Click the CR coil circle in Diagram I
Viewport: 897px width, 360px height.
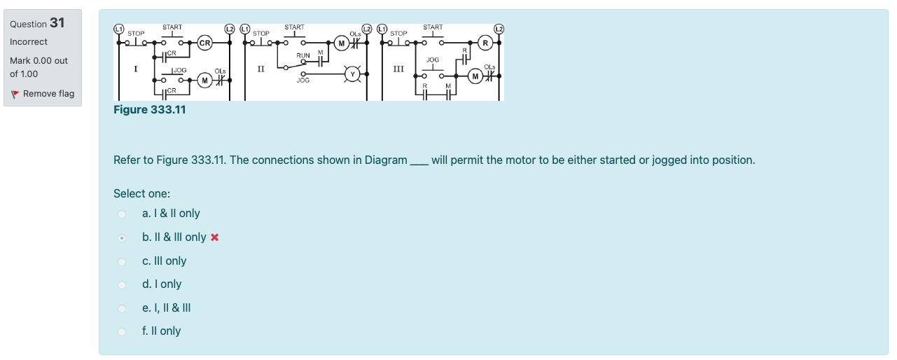[205, 43]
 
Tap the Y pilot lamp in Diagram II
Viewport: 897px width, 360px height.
[354, 73]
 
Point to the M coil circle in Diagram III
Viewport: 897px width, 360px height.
[476, 76]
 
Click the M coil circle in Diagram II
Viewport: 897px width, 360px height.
[341, 43]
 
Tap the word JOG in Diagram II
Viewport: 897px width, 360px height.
[303, 81]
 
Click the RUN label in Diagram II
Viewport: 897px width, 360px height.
[303, 55]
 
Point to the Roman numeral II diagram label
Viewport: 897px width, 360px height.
[260, 68]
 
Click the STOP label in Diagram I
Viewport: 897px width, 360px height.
[136, 33]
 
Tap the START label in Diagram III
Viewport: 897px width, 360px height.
[433, 27]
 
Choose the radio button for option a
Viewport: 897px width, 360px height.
[122, 214]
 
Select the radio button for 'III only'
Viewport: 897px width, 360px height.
[122, 261]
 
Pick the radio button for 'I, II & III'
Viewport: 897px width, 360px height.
[122, 308]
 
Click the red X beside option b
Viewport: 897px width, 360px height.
[215, 237]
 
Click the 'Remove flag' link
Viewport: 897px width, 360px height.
[48, 94]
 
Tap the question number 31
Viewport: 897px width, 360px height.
[57, 23]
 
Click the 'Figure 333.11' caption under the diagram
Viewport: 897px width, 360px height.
[150, 109]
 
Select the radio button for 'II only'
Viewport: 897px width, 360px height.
[122, 331]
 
